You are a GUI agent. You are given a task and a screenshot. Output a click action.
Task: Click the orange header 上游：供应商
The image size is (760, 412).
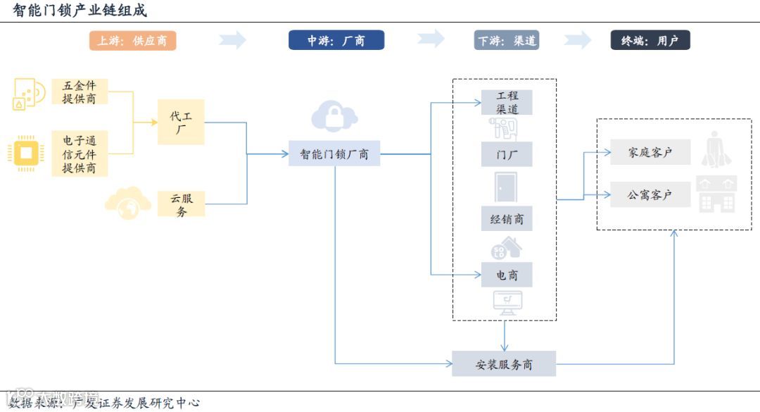(132, 41)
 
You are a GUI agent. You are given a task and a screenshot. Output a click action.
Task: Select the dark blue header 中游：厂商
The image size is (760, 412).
(336, 41)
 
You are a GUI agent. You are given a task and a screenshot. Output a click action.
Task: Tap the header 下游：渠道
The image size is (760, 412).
(507, 41)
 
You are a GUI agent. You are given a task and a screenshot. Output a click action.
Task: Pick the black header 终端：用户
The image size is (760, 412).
(650, 41)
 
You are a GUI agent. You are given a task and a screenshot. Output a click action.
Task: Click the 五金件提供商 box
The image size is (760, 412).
(80, 92)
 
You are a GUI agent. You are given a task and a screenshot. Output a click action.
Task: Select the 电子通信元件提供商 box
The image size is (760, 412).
(80, 155)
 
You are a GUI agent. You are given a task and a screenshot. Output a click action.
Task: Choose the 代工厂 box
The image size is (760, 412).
(181, 123)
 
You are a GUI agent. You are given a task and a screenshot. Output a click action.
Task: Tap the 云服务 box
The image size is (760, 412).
(181, 204)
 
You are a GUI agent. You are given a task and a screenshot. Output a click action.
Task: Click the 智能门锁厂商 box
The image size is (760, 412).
(334, 154)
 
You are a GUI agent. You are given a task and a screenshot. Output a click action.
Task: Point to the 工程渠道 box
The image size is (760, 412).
(507, 102)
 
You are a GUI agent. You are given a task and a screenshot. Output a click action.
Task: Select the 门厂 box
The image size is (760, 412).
(507, 154)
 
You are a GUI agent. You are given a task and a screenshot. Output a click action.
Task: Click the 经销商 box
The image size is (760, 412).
(507, 219)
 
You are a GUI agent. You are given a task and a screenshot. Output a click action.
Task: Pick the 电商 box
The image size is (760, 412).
(507, 275)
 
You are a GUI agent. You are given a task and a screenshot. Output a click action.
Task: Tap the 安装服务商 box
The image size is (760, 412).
(504, 364)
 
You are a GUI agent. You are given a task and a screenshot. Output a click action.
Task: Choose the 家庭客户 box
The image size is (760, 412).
(650, 152)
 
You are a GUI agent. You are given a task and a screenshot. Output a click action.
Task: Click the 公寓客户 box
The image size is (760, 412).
(650, 195)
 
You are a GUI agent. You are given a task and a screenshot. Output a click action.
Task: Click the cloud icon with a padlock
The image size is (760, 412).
(334, 116)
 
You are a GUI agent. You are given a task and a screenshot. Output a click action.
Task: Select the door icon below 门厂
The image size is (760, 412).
(505, 187)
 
